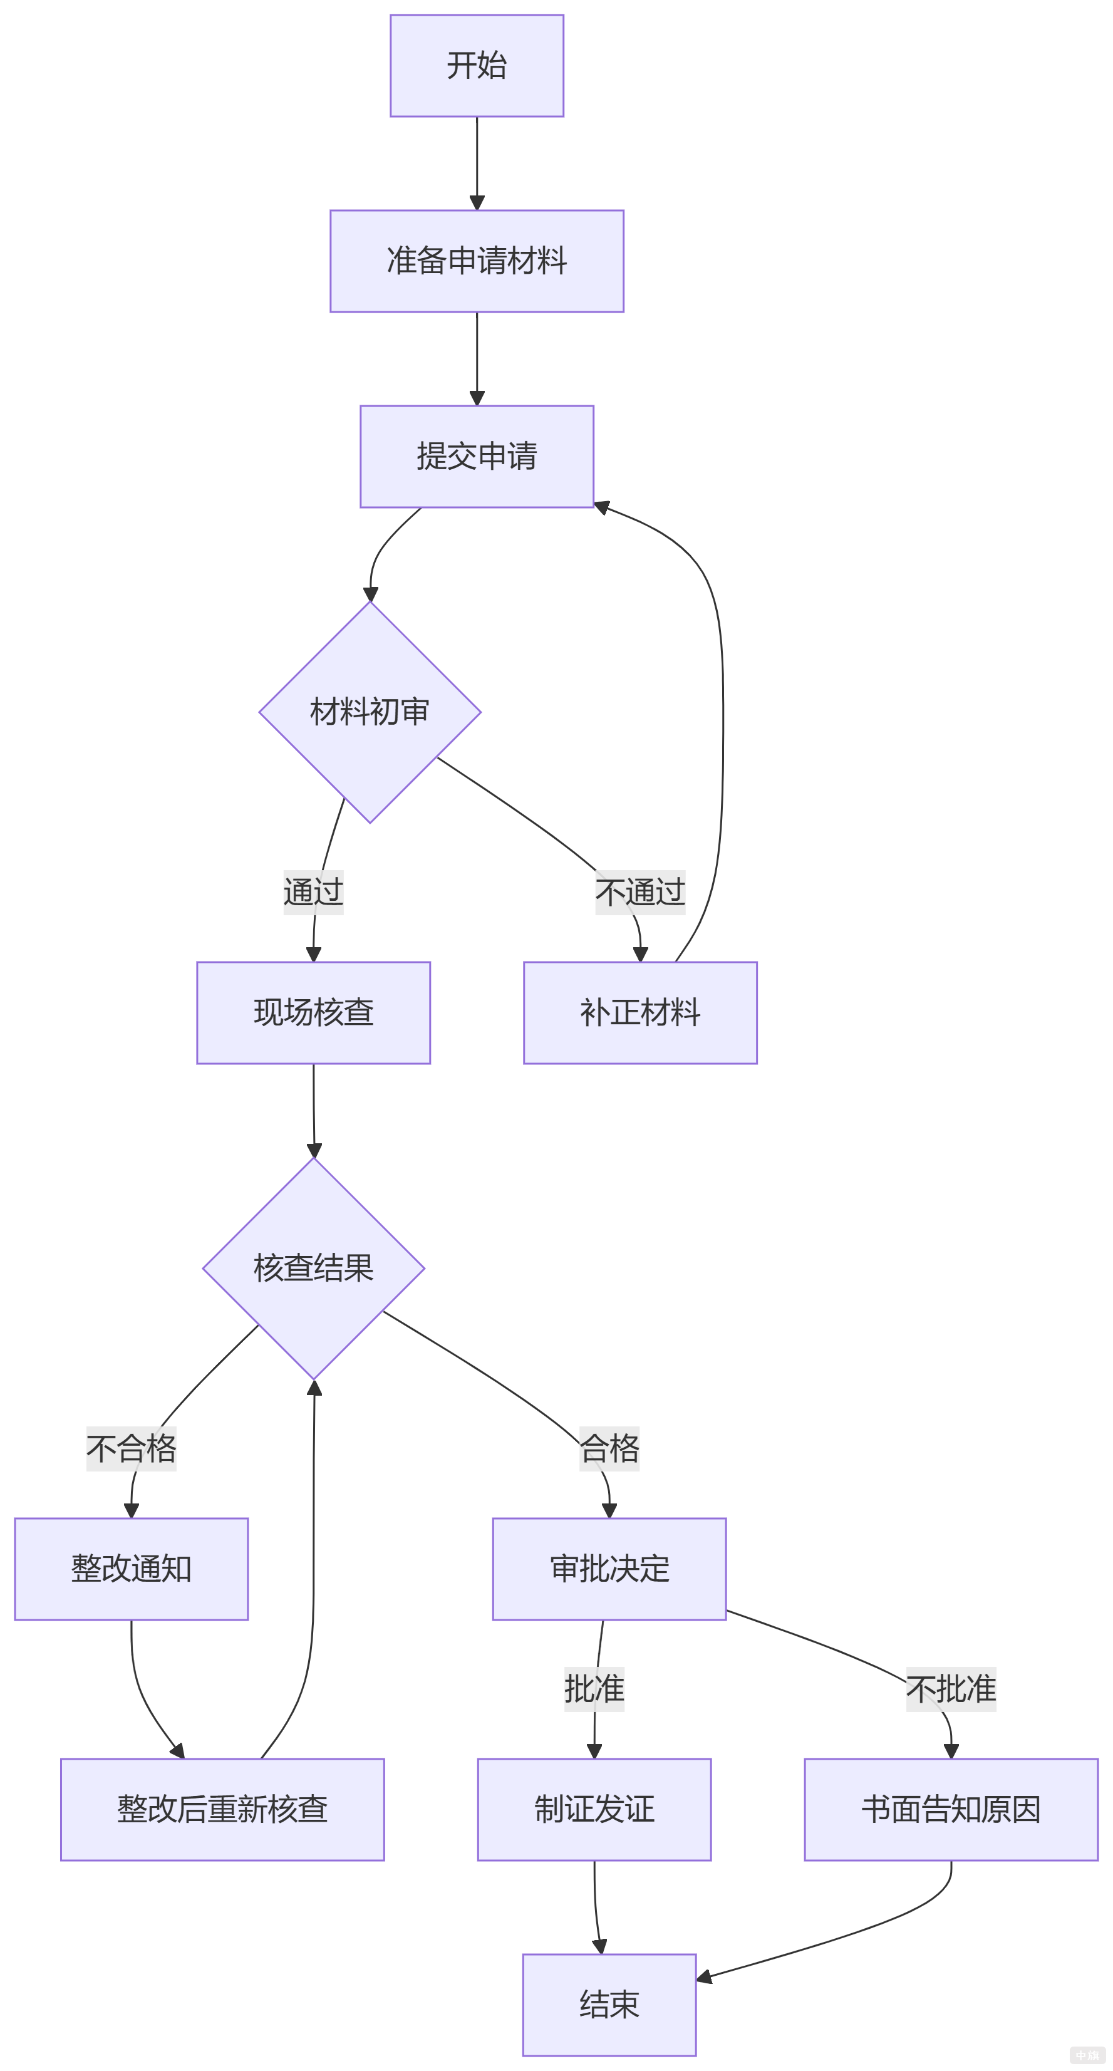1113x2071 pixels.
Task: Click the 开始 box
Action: tap(477, 65)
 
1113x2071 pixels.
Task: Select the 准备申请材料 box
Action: tap(477, 261)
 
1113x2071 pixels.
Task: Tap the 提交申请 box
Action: tap(477, 456)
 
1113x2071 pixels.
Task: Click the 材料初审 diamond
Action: tap(370, 712)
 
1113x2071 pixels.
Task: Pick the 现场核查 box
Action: tap(313, 1012)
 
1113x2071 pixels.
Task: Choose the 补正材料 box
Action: tap(639, 1012)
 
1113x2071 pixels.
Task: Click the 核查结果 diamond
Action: tap(313, 1268)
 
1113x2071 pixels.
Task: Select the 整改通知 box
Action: tap(131, 1569)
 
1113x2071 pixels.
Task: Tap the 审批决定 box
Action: tap(609, 1569)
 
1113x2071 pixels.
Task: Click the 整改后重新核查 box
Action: tap(222, 1809)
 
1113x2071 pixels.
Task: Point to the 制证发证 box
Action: tap(594, 1809)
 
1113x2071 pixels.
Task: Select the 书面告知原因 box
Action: tap(951, 1809)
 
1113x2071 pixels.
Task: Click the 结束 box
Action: tap(609, 2004)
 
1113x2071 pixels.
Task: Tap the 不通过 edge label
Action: tap(639, 891)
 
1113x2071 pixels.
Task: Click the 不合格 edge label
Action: tap(131, 1448)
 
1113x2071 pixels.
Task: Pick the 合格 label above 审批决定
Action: tap(609, 1448)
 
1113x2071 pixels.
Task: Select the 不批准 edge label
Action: tap(951, 1688)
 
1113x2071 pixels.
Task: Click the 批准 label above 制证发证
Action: tap(594, 1688)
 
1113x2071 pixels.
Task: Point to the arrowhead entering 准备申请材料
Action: tap(477, 202)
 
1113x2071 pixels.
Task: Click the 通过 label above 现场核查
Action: tap(313, 891)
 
